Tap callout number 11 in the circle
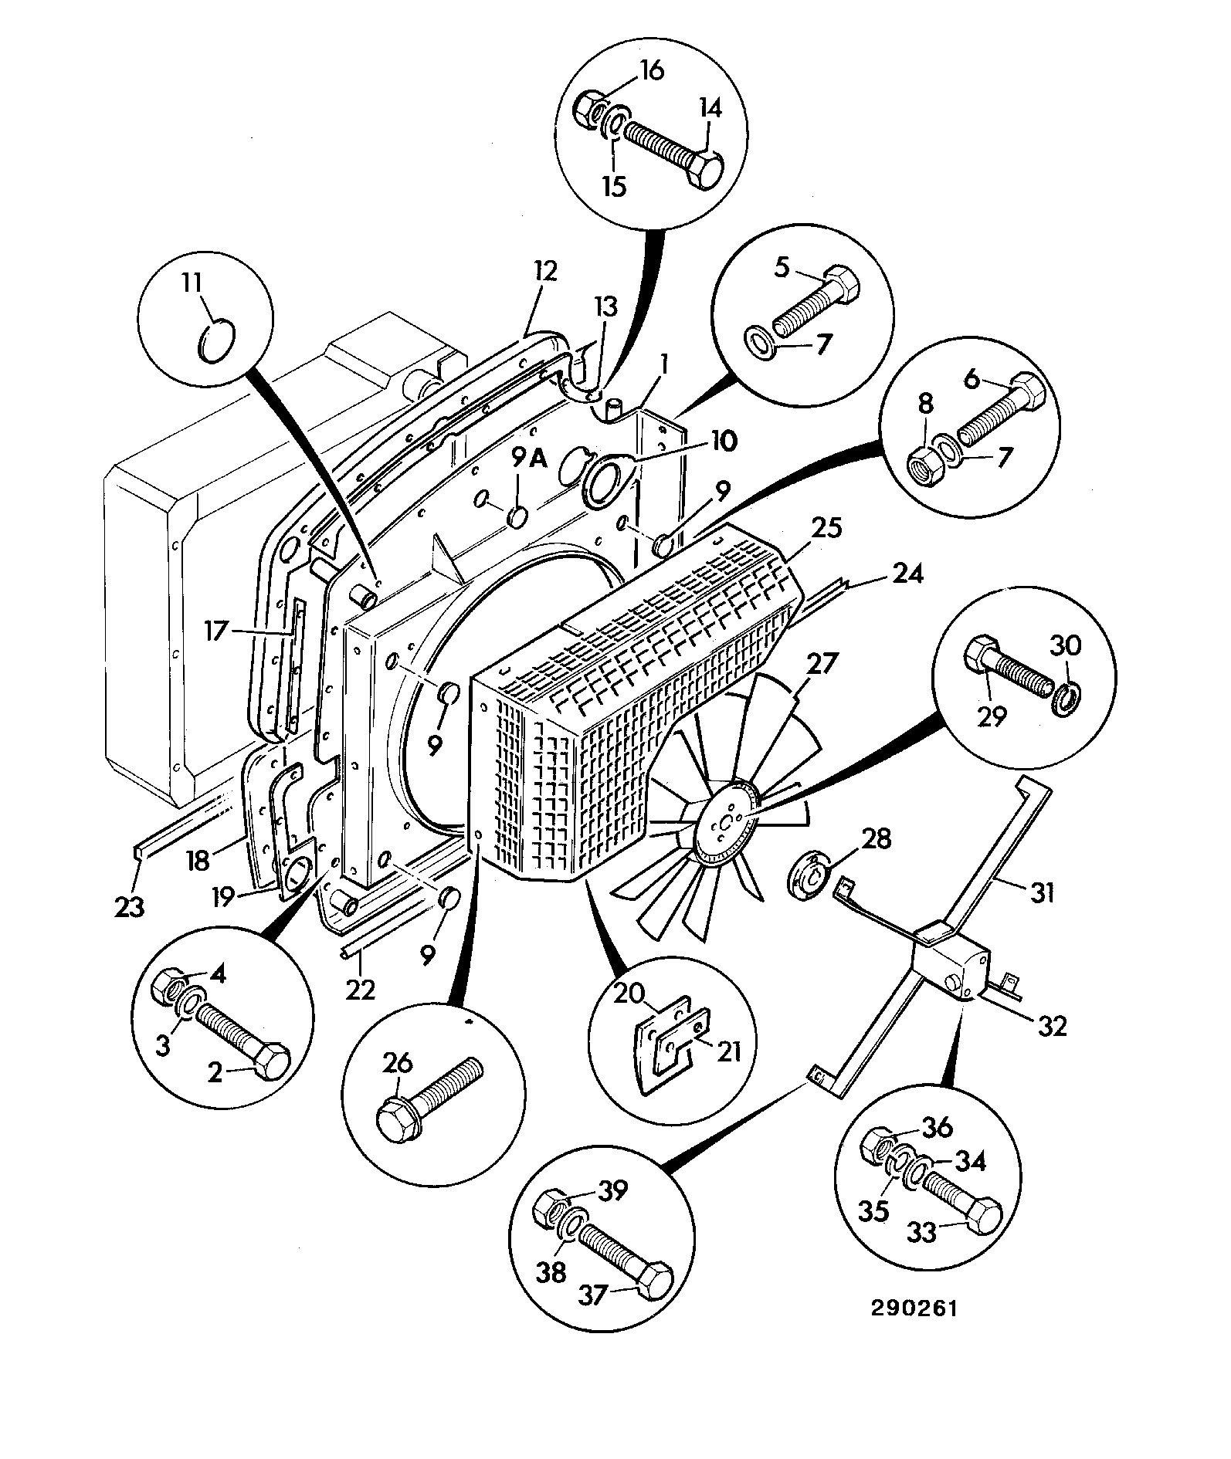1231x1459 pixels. coord(193,283)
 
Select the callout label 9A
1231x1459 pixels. coord(529,459)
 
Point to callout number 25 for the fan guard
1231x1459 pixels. coord(826,528)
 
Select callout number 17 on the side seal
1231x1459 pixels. coord(216,632)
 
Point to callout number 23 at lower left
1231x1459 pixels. coord(130,906)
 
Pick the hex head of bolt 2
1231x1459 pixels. coord(272,1063)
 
